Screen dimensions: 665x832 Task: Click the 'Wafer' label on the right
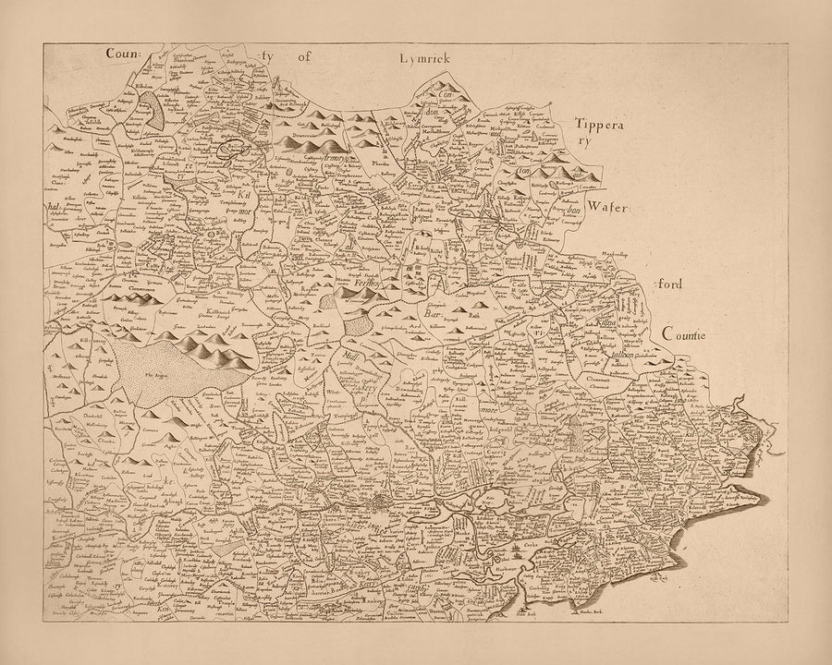[606, 211]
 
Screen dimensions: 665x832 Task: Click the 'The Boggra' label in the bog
[161, 374]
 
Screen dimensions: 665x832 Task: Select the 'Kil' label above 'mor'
[243, 193]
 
